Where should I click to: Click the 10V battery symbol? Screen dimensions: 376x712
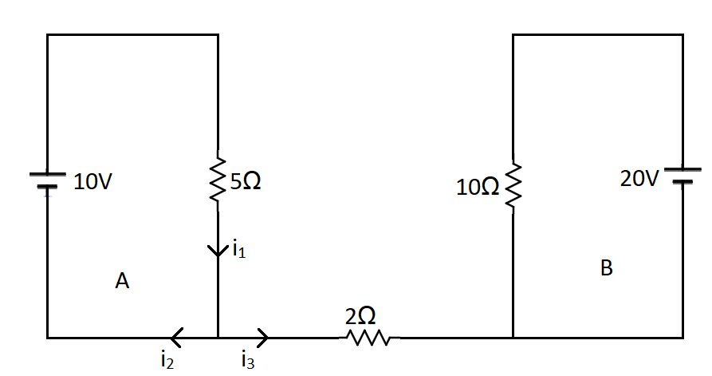pos(47,181)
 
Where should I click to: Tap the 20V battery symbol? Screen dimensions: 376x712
pos(682,175)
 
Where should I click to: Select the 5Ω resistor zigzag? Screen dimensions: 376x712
pos(218,182)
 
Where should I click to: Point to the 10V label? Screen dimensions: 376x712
pos(93,183)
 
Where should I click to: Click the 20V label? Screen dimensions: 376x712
pos(639,179)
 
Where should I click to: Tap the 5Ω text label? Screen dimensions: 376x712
pos(245,182)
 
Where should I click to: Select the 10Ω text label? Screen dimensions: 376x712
pos(478,188)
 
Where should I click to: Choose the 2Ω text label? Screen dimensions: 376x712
pos(360,316)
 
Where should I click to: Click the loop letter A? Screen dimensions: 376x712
pos(122,281)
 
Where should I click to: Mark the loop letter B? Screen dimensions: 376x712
pos(606,269)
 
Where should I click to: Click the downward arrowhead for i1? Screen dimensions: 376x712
pos(218,251)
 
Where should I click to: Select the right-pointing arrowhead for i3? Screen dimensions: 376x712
pos(262,338)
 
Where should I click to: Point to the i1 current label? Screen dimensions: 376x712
pos(239,252)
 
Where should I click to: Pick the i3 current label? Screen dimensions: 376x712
pos(247,362)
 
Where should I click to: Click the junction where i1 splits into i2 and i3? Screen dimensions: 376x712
pos(218,338)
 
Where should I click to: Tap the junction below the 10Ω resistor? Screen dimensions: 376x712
pos(513,338)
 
